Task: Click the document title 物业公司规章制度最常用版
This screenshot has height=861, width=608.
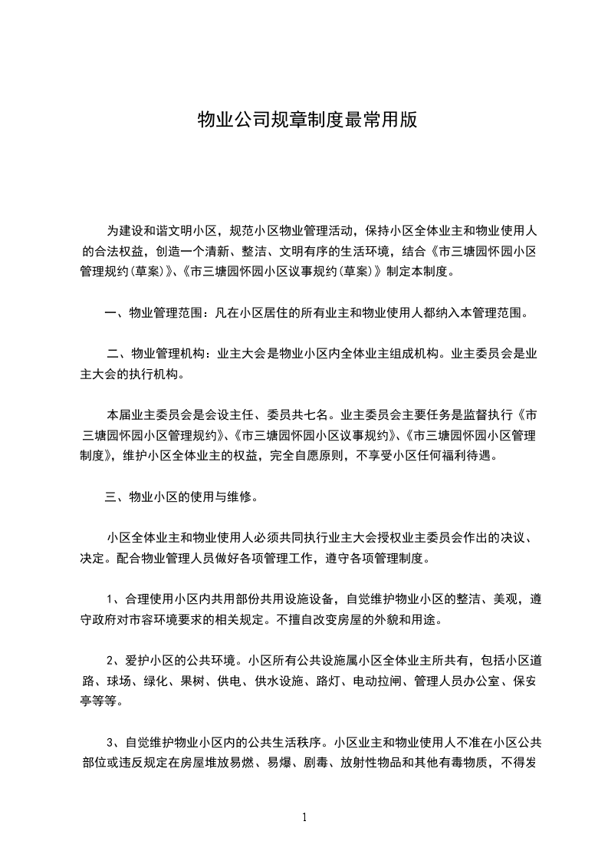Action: [307, 120]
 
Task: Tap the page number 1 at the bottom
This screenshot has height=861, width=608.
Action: [304, 817]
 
